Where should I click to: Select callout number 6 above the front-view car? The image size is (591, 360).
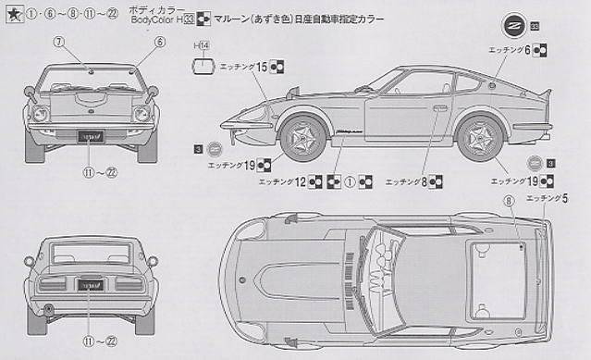coord(158,42)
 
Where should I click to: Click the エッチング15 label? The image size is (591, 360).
coord(244,67)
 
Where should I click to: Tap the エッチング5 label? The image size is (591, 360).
coord(546,198)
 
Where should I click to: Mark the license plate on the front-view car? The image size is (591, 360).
coord(92,134)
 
